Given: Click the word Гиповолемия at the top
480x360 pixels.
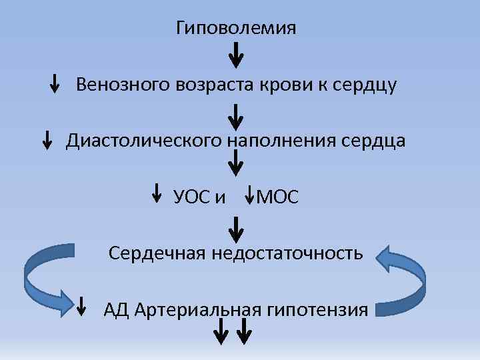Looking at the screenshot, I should pyautogui.click(x=236, y=29).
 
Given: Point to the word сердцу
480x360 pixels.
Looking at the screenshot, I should pyautogui.click(x=365, y=86).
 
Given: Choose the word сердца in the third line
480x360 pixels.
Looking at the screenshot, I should pyautogui.click(x=375, y=141).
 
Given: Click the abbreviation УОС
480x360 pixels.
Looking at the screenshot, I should pyautogui.click(x=191, y=197).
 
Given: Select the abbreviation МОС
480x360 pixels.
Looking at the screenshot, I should pyautogui.click(x=278, y=197).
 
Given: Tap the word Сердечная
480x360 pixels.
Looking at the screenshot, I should pyautogui.click(x=157, y=253).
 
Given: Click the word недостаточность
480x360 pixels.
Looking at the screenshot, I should pyautogui.click(x=288, y=253).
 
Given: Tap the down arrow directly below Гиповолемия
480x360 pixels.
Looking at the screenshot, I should pyautogui.click(x=236, y=55).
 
